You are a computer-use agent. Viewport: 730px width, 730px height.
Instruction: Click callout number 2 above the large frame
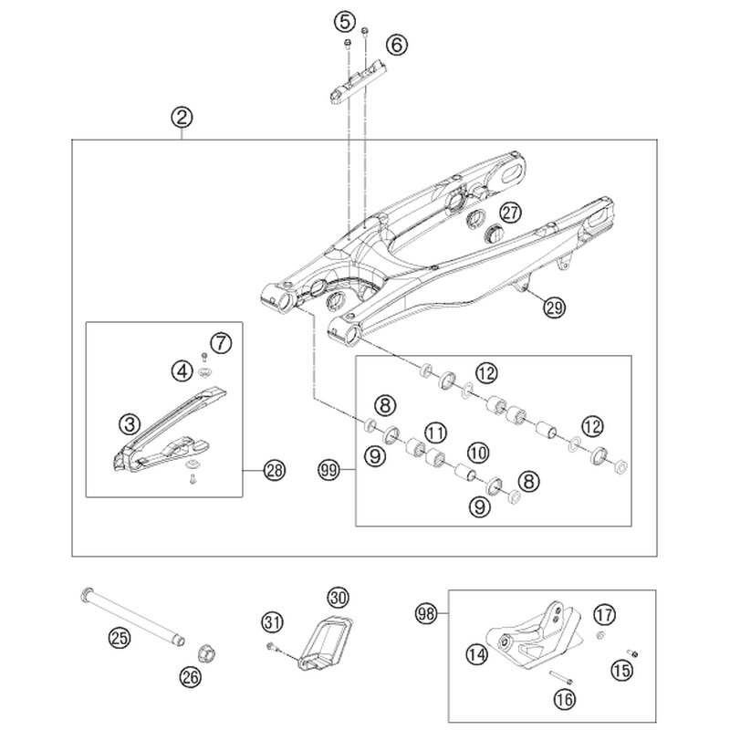coord(182,117)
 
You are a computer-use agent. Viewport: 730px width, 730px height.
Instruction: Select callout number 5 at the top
coord(343,19)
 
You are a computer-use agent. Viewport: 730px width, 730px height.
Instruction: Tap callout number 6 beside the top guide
coord(396,43)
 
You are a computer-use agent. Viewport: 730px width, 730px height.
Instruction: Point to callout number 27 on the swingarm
coord(510,213)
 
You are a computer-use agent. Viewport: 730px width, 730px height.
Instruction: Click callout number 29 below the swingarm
coord(553,308)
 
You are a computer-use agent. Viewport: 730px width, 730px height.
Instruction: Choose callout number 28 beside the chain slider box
coord(274,471)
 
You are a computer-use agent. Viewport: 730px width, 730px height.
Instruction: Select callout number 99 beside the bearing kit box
coord(329,471)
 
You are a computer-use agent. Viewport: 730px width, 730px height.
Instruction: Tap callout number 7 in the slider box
coord(223,343)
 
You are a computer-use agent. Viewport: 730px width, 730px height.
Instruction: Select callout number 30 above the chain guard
coord(338,599)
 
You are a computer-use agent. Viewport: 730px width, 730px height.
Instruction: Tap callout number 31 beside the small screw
coord(269,622)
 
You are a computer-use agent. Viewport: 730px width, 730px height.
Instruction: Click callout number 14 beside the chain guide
coord(475,653)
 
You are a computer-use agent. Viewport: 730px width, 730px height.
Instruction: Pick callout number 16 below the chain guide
coord(563,699)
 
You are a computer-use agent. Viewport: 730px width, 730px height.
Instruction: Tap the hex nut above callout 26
coord(206,653)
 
